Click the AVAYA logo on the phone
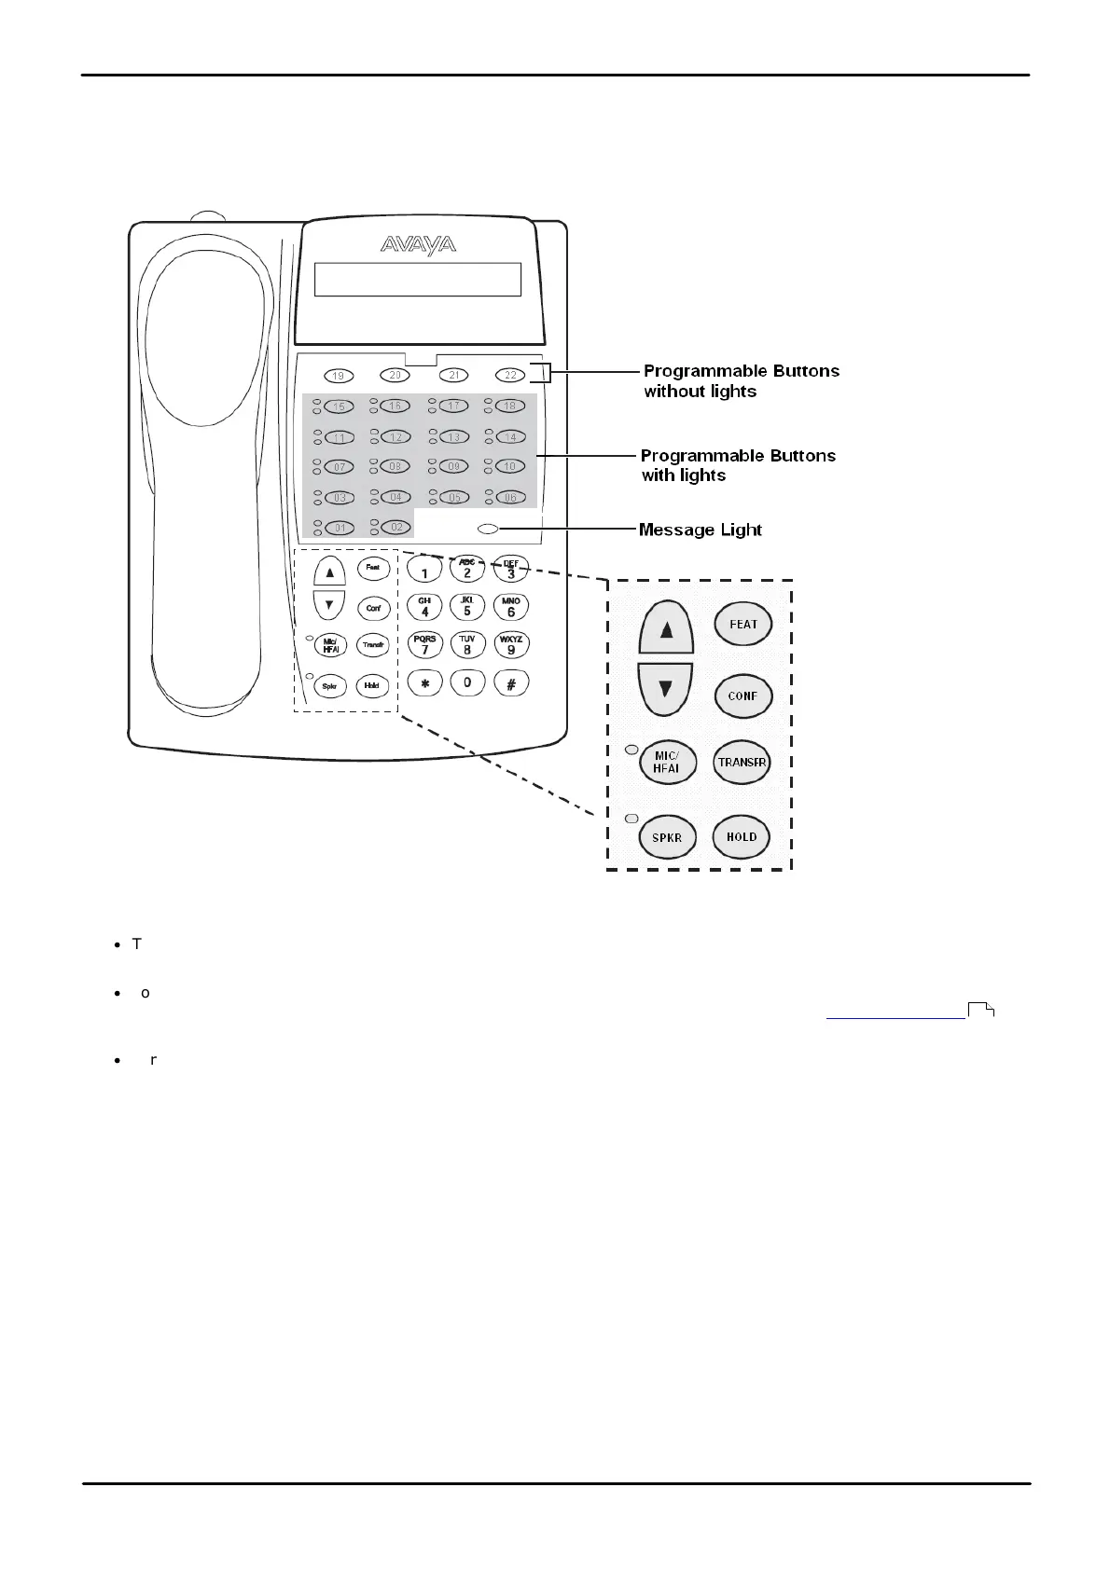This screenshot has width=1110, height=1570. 418,245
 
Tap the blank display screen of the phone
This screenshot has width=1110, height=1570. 417,279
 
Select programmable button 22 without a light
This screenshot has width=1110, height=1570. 510,376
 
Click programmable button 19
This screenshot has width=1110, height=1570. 339,376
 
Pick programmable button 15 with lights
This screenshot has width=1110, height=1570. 340,406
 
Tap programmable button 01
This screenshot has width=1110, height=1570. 340,528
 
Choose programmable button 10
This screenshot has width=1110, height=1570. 510,466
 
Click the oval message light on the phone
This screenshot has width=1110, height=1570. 487,530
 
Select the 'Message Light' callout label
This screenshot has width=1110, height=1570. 700,530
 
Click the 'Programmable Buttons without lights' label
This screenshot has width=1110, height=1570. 741,380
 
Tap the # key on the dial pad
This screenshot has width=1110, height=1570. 511,683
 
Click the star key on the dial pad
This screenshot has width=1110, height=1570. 425,683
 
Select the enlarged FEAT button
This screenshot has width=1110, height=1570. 743,625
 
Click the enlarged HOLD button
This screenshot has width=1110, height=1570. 742,836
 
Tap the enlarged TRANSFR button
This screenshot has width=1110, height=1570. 742,763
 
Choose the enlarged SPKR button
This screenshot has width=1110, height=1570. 667,837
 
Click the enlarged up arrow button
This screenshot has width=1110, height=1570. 666,629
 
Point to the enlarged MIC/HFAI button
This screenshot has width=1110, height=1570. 667,763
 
